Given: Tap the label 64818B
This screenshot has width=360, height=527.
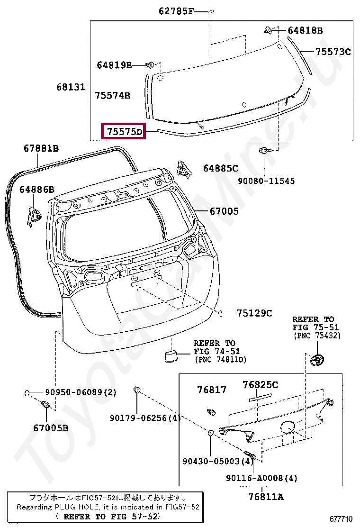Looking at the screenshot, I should pyautogui.click(x=305, y=31).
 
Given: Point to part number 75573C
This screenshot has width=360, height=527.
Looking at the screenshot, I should pyautogui.click(x=333, y=52).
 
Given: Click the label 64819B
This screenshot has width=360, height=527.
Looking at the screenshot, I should pyautogui.click(x=114, y=65).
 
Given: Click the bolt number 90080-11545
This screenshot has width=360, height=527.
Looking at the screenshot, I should pyautogui.click(x=266, y=181).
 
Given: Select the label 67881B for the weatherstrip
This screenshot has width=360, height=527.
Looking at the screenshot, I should pyautogui.click(x=41, y=149).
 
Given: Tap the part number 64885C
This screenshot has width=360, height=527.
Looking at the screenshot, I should pyautogui.click(x=220, y=168).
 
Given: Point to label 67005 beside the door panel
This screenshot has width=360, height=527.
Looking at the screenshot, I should pyautogui.click(x=224, y=211).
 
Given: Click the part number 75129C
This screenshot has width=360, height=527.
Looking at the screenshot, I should pyautogui.click(x=254, y=313).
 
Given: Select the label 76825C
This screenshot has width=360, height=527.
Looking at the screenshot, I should pyautogui.click(x=261, y=385).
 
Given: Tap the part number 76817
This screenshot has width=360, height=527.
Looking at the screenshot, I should pyautogui.click(x=212, y=390).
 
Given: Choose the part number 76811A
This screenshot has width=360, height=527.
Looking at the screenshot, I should pyautogui.click(x=266, y=497).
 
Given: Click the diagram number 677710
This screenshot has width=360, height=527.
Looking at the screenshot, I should pyautogui.click(x=342, y=518).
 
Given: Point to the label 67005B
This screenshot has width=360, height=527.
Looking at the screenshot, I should pyautogui.click(x=51, y=428).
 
